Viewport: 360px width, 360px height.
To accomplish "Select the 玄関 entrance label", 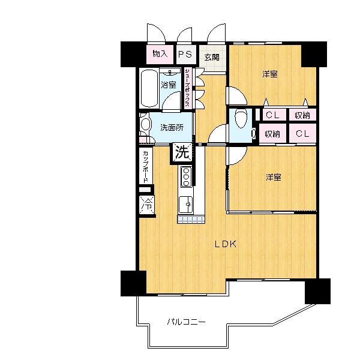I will [211, 58].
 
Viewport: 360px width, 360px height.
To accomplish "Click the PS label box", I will [185, 55].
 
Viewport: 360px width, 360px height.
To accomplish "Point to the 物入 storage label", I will [160, 54].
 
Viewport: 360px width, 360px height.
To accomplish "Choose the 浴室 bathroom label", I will [169, 85].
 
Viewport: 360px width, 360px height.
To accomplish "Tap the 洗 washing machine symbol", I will [182, 152].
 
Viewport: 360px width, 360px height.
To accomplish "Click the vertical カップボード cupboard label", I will [146, 166].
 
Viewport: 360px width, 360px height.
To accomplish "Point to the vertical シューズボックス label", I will [187, 88].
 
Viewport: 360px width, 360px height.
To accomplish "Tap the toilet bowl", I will [241, 118].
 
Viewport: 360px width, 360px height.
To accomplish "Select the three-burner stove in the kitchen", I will [186, 176].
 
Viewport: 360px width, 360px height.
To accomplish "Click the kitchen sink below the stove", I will [186, 205].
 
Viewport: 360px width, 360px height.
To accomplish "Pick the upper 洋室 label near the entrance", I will [269, 75].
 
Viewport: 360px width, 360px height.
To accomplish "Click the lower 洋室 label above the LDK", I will [274, 178].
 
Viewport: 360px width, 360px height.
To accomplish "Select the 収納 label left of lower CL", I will [273, 134].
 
